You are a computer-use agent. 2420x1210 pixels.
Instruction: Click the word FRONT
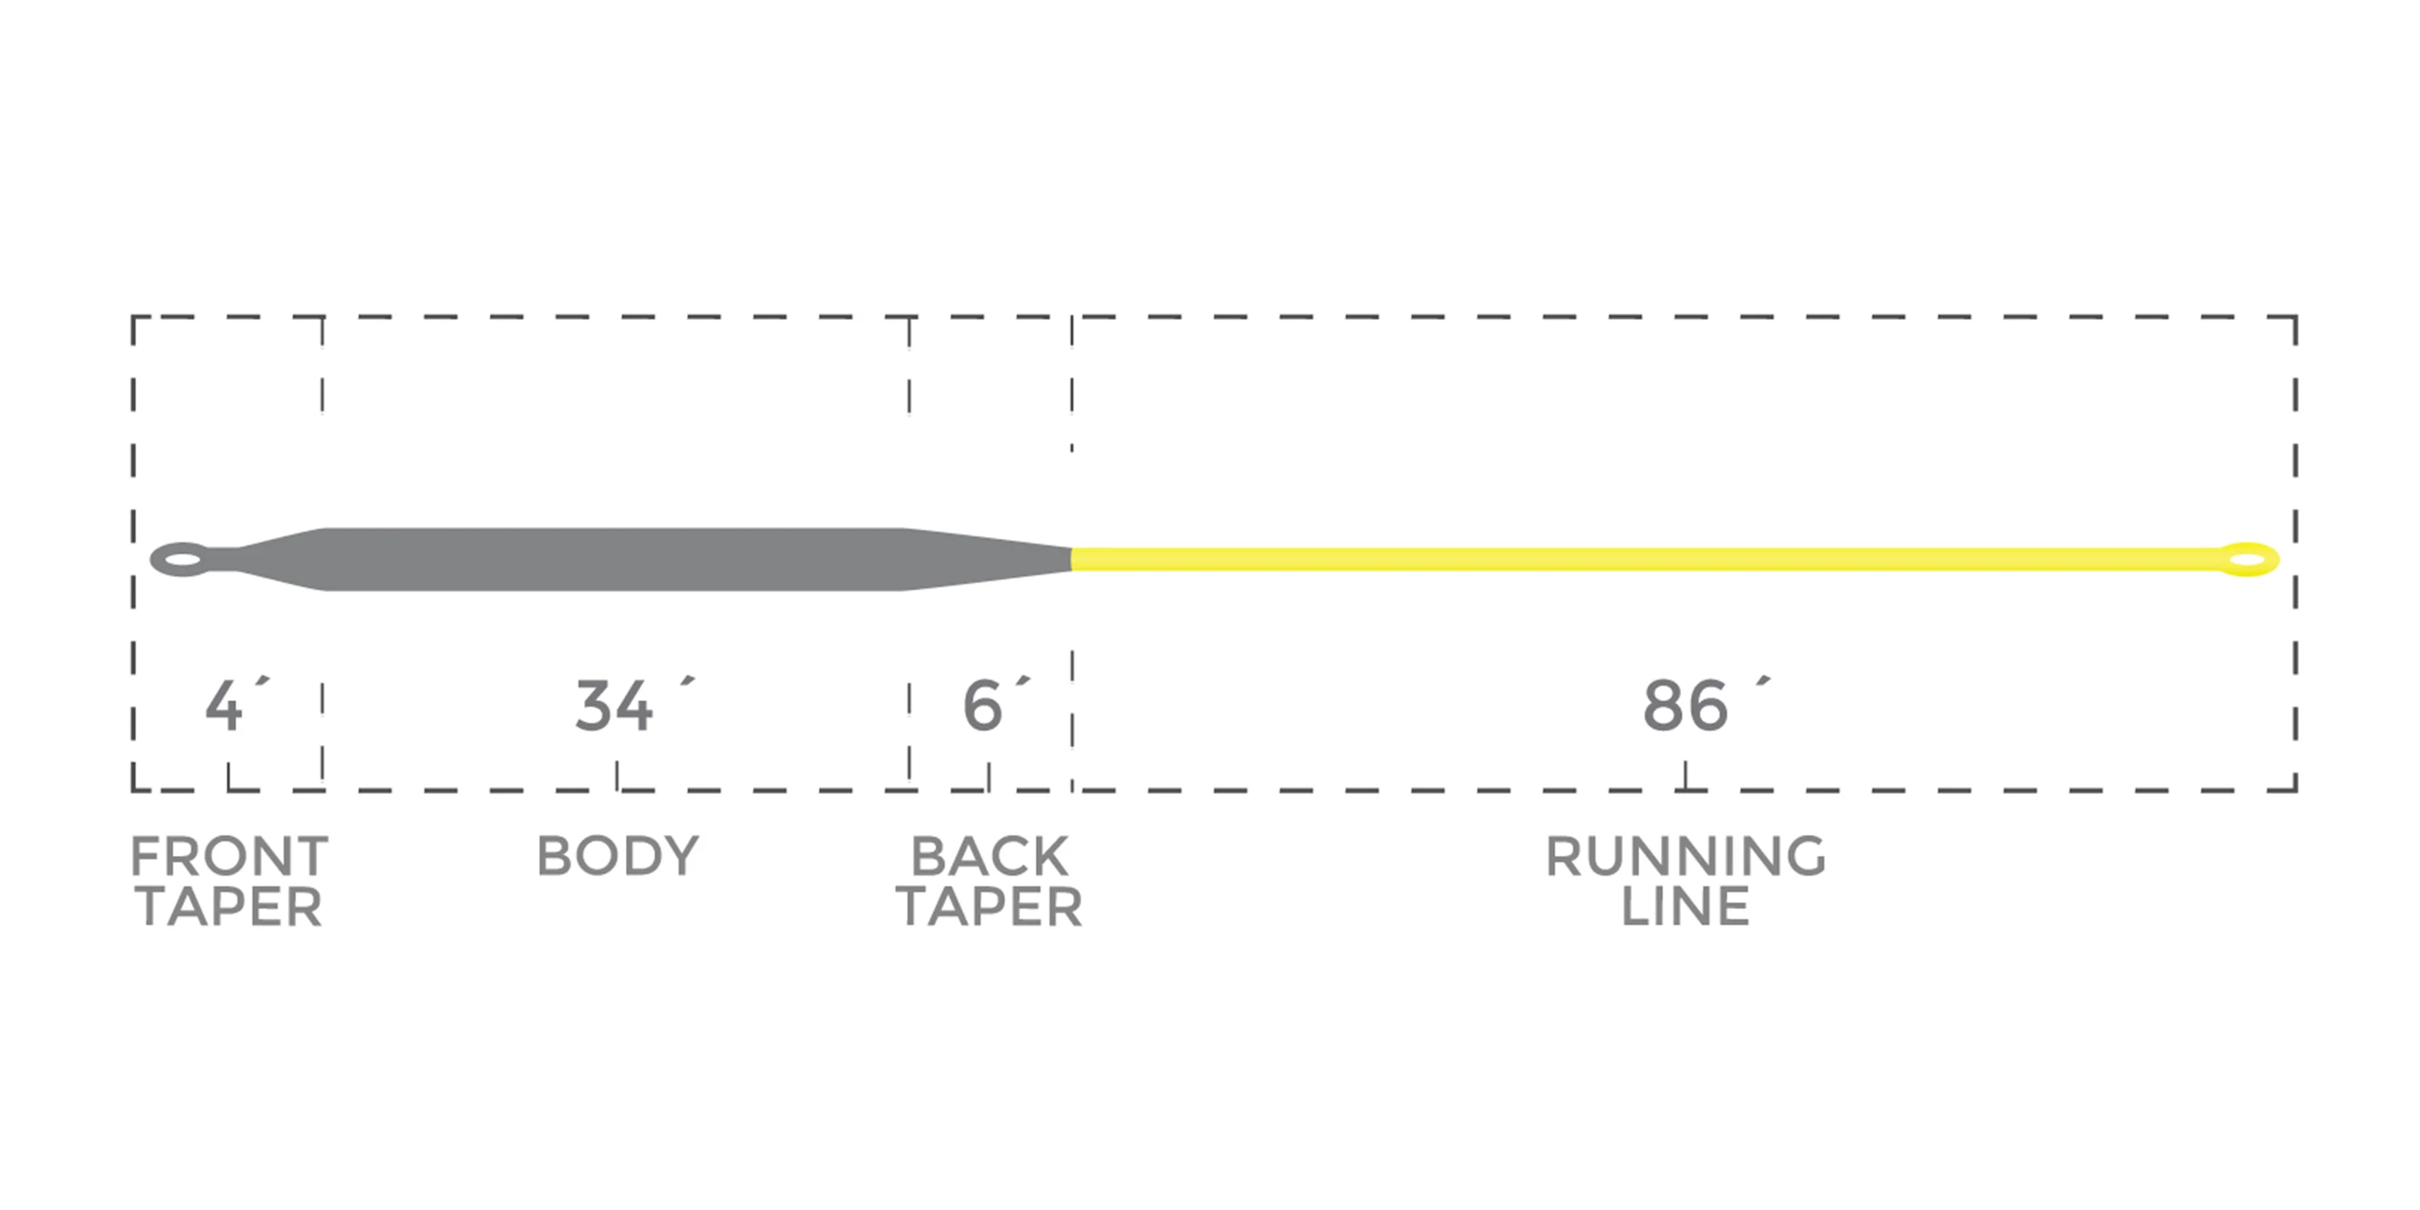click(x=229, y=856)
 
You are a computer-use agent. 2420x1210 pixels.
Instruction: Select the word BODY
click(x=617, y=856)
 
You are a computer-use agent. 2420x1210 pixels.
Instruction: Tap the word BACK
click(x=989, y=856)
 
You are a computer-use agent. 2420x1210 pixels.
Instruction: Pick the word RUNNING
click(x=1685, y=856)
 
